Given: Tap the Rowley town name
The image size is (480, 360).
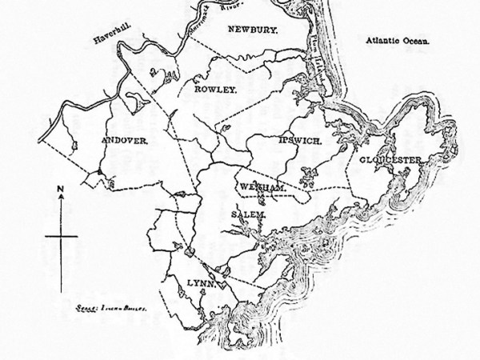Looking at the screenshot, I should (216, 90).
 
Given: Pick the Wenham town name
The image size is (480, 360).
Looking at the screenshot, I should (257, 186).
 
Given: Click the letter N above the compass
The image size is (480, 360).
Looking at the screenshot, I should (61, 189).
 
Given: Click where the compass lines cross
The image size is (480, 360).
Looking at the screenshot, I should (61, 236).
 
